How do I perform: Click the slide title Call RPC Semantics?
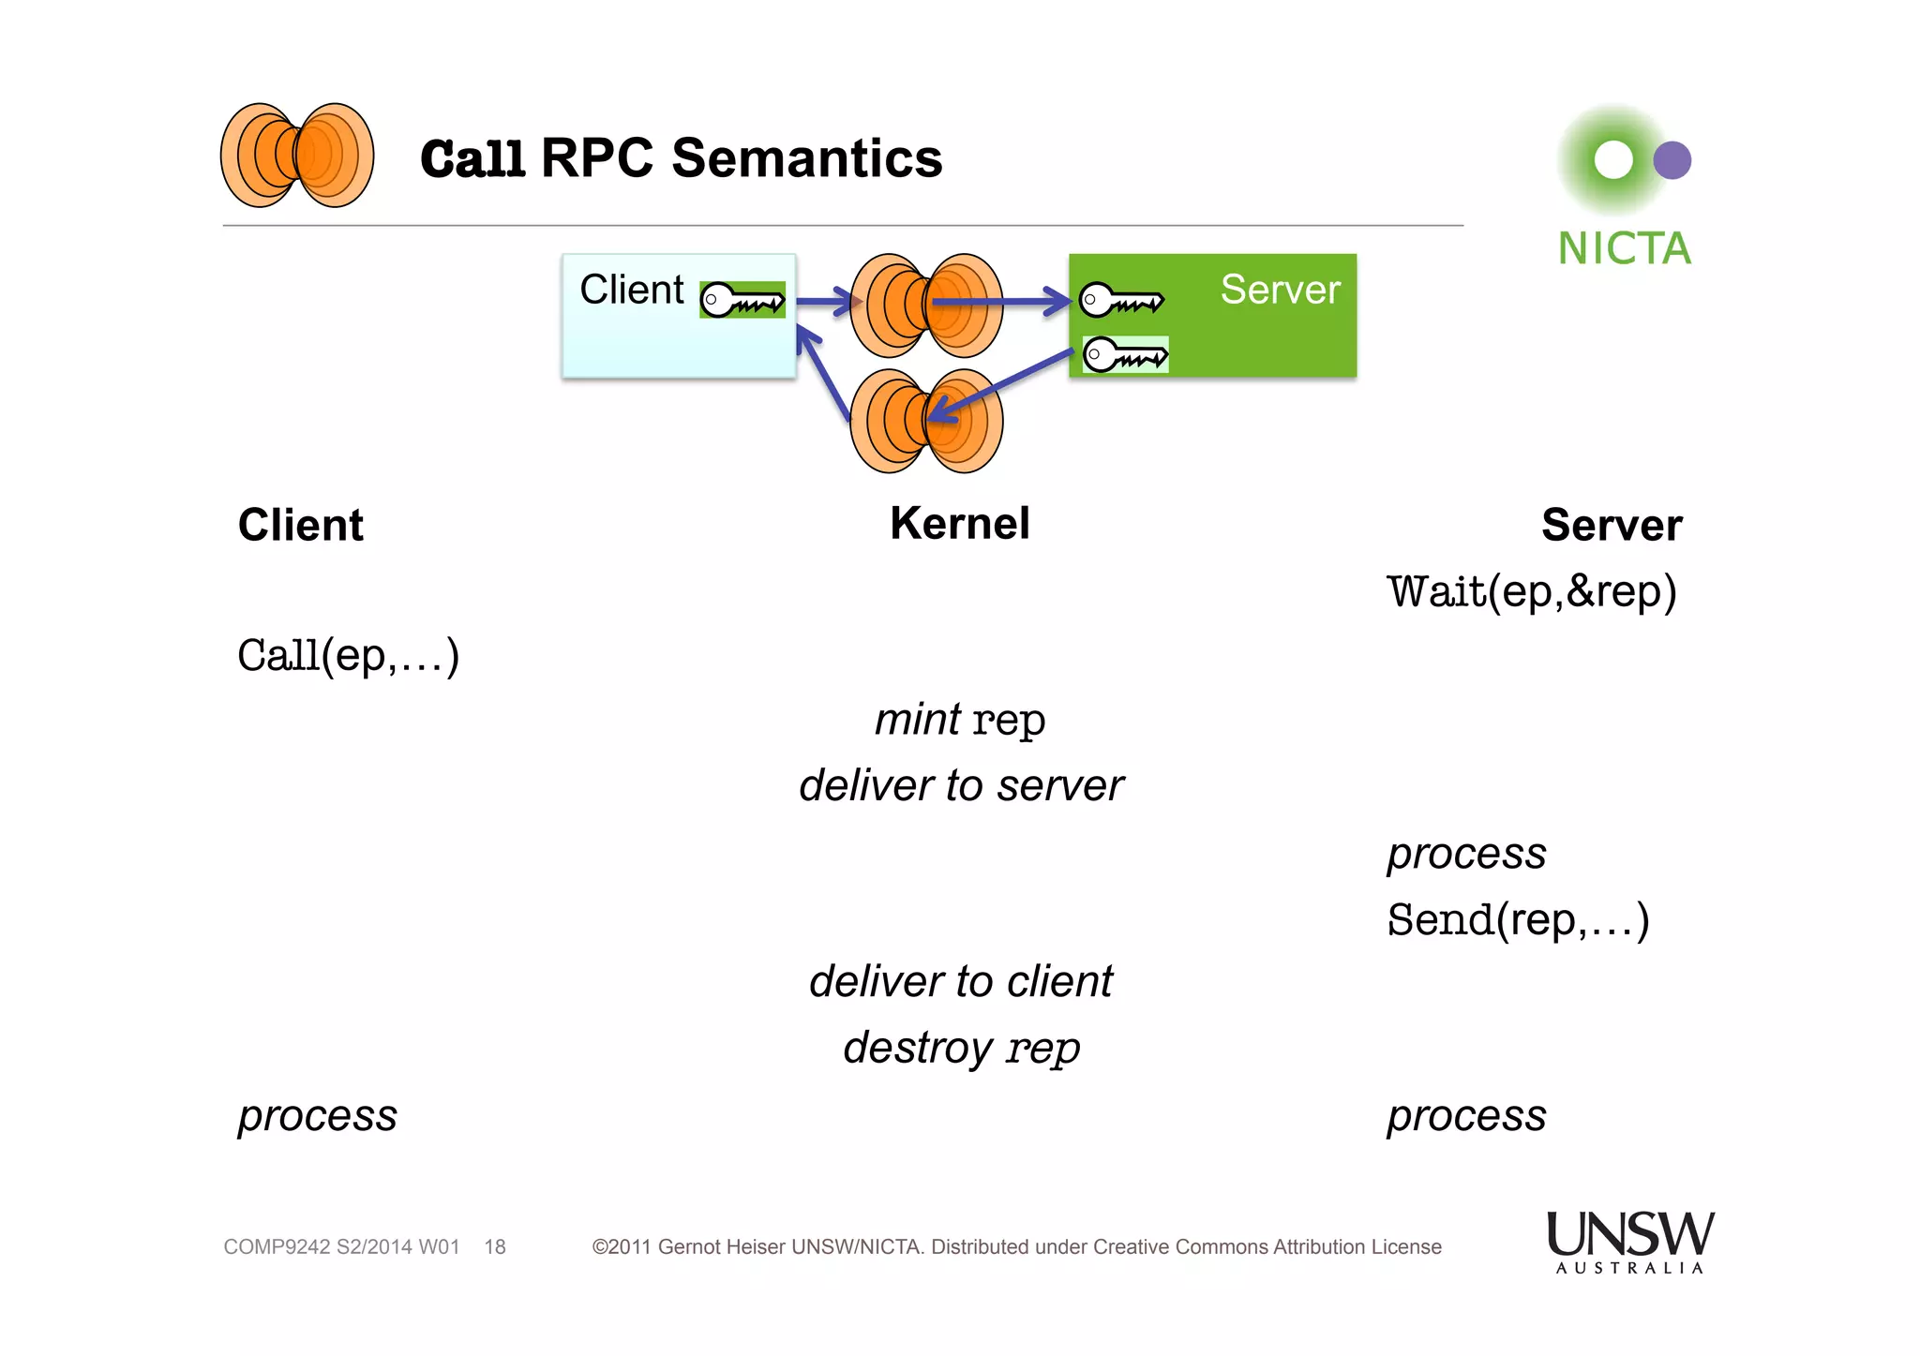(x=681, y=158)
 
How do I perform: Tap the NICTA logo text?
(x=1624, y=249)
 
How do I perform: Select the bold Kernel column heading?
(x=959, y=523)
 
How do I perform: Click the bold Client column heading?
(x=300, y=525)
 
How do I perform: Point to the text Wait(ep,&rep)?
(x=1531, y=591)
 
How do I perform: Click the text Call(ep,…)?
(x=348, y=655)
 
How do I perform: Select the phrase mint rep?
(x=959, y=720)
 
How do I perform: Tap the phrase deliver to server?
(x=960, y=785)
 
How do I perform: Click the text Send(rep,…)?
(x=1518, y=919)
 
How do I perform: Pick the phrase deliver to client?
(x=960, y=981)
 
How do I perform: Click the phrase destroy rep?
(x=960, y=1047)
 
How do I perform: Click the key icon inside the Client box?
(x=742, y=301)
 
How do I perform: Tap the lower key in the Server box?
(x=1125, y=355)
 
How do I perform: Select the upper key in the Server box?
(x=1121, y=301)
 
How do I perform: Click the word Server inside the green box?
(x=1280, y=290)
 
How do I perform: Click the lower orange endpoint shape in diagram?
(x=925, y=421)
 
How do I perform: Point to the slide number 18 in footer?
(x=495, y=1247)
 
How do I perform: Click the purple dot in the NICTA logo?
(x=1672, y=160)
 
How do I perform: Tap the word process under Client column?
(x=317, y=1116)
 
